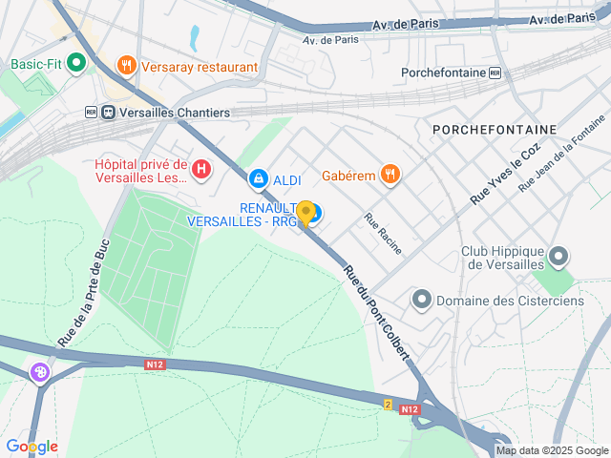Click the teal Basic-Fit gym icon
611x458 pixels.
(x=76, y=65)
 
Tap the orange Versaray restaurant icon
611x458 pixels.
(x=126, y=66)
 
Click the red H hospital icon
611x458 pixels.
(x=200, y=171)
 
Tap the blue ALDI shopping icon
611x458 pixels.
(x=258, y=178)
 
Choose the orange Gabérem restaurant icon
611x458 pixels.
(x=389, y=174)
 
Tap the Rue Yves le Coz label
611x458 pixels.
(x=505, y=174)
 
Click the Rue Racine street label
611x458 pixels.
(x=383, y=233)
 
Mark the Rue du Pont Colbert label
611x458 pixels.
(x=377, y=311)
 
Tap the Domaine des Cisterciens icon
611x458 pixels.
(x=421, y=301)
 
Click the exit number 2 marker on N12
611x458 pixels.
(x=388, y=405)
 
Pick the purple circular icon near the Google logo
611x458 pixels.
(x=40, y=373)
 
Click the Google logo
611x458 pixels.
(x=32, y=446)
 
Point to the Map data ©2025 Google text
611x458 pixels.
(x=551, y=450)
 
